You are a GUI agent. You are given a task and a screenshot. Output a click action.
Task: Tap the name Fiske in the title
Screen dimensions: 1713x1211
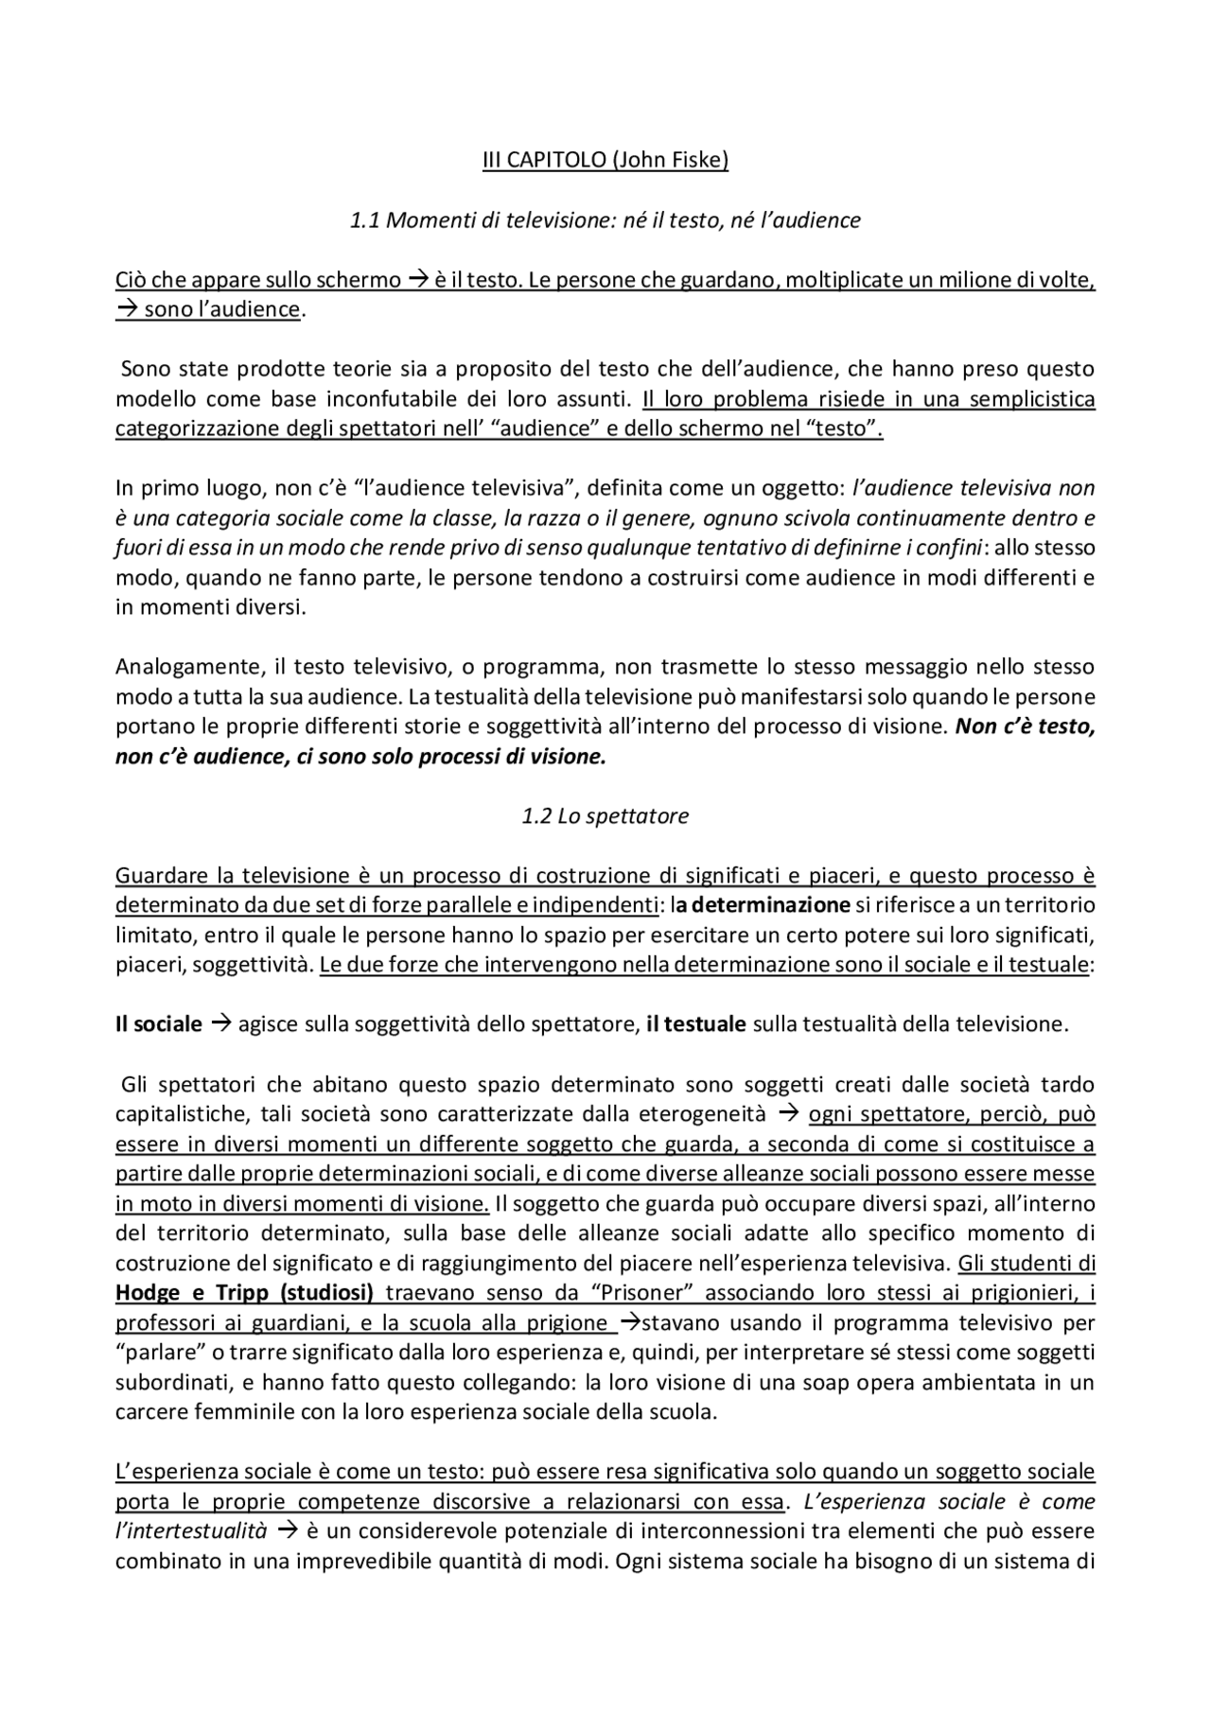[697, 160]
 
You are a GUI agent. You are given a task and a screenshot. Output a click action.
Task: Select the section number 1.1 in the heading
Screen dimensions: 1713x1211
[364, 220]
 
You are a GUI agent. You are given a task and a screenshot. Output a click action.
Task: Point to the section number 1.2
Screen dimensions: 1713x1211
[536, 815]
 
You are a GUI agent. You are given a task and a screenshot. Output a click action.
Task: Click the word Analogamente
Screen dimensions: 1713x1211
[186, 667]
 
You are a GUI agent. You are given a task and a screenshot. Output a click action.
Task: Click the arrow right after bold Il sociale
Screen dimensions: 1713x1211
[220, 1023]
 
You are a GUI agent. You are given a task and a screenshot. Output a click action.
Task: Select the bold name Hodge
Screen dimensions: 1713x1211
[147, 1293]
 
